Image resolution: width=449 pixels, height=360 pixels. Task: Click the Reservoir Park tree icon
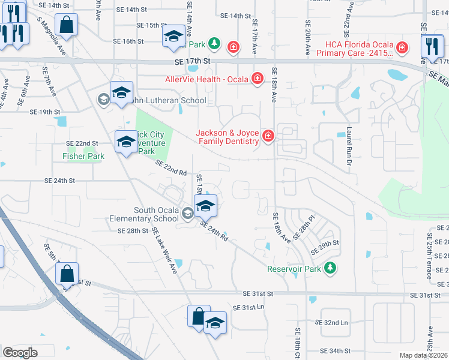pyautogui.click(x=329, y=268)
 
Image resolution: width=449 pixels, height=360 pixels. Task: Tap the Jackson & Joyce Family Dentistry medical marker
pyautogui.click(x=267, y=137)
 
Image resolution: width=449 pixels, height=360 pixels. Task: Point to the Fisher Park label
pyautogui.click(x=83, y=156)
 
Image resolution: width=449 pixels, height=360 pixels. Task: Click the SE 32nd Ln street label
pyautogui.click(x=331, y=323)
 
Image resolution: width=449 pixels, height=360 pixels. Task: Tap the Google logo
pyautogui.click(x=20, y=352)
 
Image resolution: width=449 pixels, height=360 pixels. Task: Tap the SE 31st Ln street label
pyautogui.click(x=249, y=307)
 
